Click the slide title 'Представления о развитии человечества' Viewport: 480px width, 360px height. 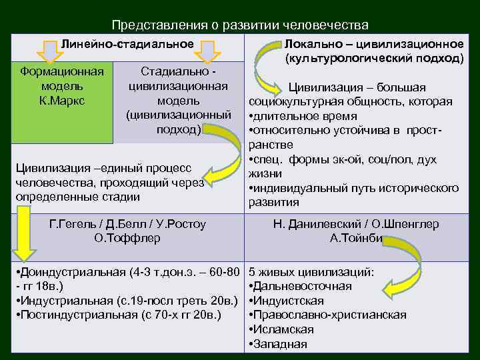point(240,25)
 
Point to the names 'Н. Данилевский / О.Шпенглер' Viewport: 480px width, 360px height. point(355,224)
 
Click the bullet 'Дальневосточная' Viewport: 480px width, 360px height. point(301,286)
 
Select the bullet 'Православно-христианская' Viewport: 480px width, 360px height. point(328,315)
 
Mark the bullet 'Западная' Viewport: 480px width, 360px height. point(279,344)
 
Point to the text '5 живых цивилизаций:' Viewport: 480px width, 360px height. point(311,272)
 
